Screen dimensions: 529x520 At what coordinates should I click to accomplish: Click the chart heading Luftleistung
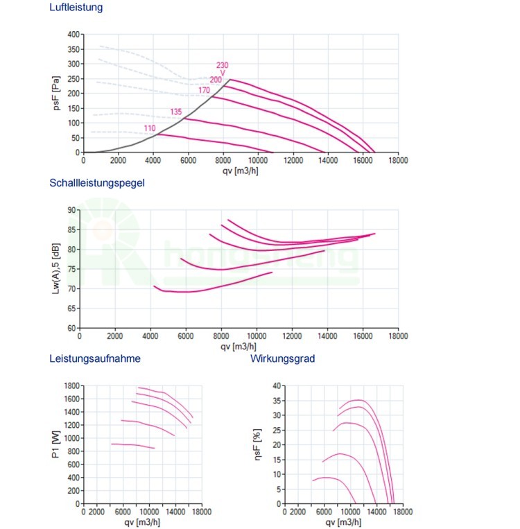[x=76, y=9]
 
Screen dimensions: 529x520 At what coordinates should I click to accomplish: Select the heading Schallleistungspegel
[x=97, y=183]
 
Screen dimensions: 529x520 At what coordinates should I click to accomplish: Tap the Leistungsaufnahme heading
[x=95, y=358]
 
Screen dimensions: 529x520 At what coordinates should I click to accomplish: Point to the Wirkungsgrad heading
[x=282, y=358]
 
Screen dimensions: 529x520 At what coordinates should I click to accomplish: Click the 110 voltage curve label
[x=150, y=128]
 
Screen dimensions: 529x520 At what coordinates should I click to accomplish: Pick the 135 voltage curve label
[x=176, y=112]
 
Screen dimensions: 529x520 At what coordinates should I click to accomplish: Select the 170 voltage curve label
[x=204, y=90]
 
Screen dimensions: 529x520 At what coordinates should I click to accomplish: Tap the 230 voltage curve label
[x=222, y=66]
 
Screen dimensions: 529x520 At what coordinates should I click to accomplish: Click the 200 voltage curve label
[x=216, y=80]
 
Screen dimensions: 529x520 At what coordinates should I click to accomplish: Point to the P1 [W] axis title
[x=55, y=444]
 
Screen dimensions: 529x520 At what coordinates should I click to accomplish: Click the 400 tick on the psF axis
[x=73, y=34]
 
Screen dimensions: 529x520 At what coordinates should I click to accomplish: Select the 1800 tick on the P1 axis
[x=71, y=385]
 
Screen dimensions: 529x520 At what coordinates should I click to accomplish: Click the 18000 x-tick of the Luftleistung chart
[x=398, y=159]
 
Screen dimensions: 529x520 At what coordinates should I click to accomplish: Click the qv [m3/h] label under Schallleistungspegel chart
[x=239, y=345]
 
